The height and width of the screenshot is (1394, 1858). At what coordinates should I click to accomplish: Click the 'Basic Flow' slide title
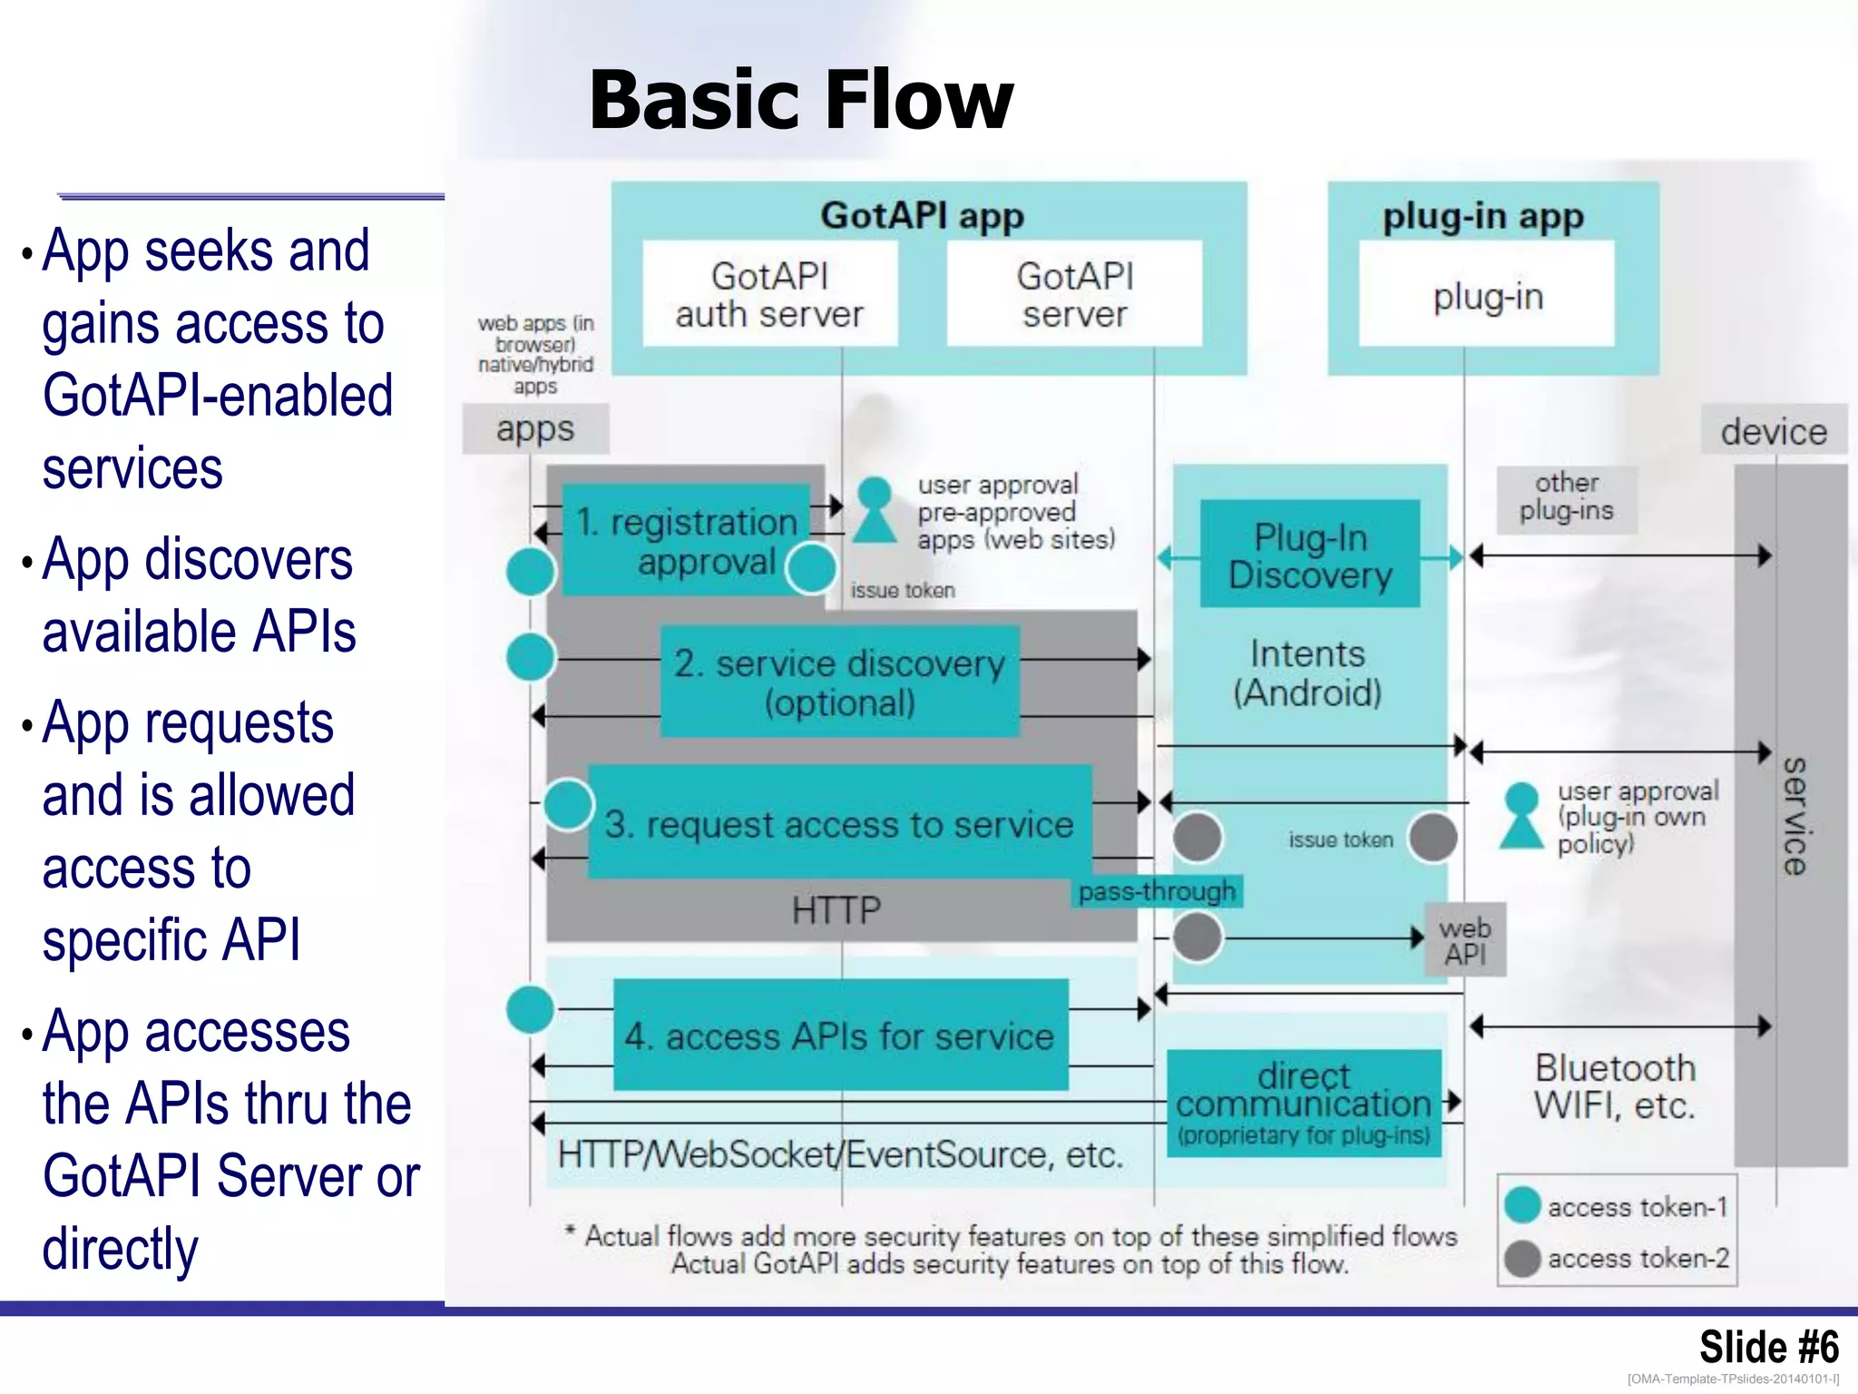point(800,100)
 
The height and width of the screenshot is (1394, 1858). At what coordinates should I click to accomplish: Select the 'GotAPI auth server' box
point(769,294)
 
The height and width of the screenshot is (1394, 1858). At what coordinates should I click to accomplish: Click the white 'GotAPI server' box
point(1074,294)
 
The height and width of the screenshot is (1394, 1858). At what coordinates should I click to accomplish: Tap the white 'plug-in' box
point(1486,294)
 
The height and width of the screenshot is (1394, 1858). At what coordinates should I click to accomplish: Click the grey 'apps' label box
point(535,428)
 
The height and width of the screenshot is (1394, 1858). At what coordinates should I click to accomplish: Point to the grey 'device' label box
point(1773,430)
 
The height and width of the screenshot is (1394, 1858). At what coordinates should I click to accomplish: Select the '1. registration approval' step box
point(686,541)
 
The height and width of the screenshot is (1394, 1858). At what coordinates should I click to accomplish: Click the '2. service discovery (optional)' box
point(839,682)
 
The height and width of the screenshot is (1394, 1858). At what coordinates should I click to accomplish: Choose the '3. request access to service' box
point(839,822)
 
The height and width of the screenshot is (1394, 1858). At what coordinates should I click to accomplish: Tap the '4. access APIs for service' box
point(839,1035)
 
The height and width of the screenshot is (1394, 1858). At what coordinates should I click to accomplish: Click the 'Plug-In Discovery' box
point(1309,555)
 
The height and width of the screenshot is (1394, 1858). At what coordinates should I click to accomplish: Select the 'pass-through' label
point(1157,891)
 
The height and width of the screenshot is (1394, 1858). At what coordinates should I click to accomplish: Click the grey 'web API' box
point(1465,940)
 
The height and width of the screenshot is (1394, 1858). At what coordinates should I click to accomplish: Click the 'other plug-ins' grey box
point(1566,497)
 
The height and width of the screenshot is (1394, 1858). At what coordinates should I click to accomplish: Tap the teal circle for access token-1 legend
point(1522,1205)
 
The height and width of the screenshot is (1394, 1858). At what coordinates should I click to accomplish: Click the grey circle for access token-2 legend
point(1522,1258)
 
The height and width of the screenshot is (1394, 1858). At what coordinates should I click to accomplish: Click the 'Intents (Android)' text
point(1307,672)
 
